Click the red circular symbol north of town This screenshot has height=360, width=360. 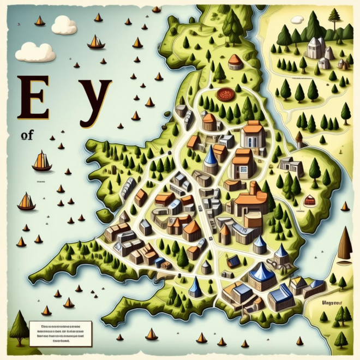pyautogui.click(x=224, y=94)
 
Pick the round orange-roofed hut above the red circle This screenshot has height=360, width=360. pyautogui.click(x=235, y=61)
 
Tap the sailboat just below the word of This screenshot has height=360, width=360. pyautogui.click(x=41, y=161)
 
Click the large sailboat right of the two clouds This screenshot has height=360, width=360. pyautogui.click(x=96, y=42)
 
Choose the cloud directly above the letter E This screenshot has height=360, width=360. pyautogui.click(x=35, y=53)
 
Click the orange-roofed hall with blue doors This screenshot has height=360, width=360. pyautogui.click(x=252, y=135)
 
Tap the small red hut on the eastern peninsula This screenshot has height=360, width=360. pyautogui.click(x=309, y=201)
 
